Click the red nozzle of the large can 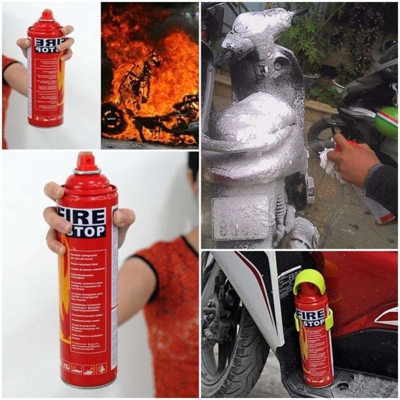coord(85,161)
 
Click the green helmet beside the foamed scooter coord(387,123)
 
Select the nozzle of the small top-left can coord(47,14)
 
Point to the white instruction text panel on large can coord(88,299)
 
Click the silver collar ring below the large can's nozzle coord(86,172)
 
